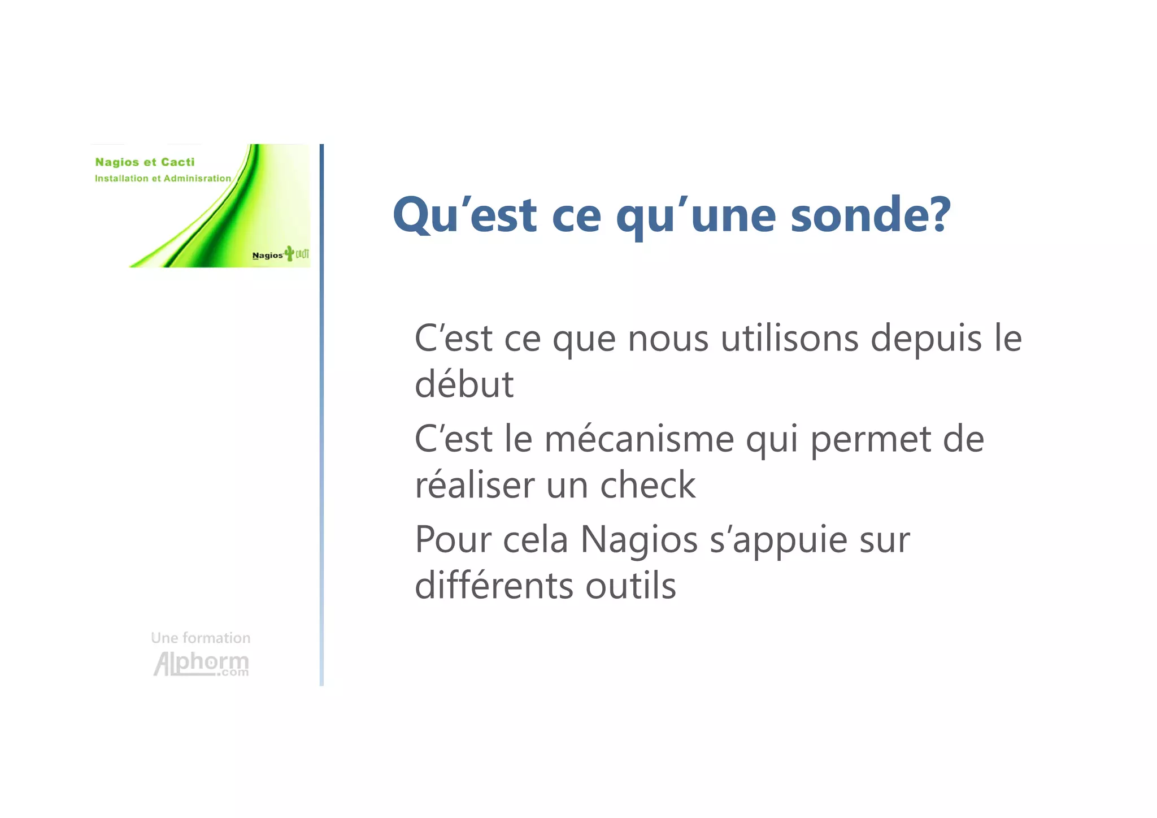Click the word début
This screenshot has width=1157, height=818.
coord(464,384)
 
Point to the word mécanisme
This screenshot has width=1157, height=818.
coord(639,440)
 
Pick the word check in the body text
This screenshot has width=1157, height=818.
coord(647,485)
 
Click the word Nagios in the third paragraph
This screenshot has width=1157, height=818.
coord(639,540)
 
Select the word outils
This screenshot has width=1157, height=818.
coord(630,586)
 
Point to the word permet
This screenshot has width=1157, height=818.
coord(870,440)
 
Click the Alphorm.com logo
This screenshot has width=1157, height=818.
coord(201,663)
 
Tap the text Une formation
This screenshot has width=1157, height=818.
coord(201,638)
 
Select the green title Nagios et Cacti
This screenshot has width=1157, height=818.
coord(145,162)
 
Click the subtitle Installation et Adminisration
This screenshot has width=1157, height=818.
coord(163,179)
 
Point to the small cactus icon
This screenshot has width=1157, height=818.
coord(290,253)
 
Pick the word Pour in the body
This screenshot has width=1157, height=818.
coord(453,540)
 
